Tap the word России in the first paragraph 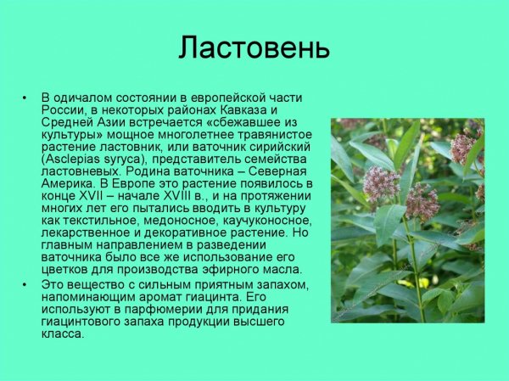[x=62, y=111]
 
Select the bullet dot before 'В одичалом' [x=26, y=99]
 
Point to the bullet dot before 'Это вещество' [x=26, y=283]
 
